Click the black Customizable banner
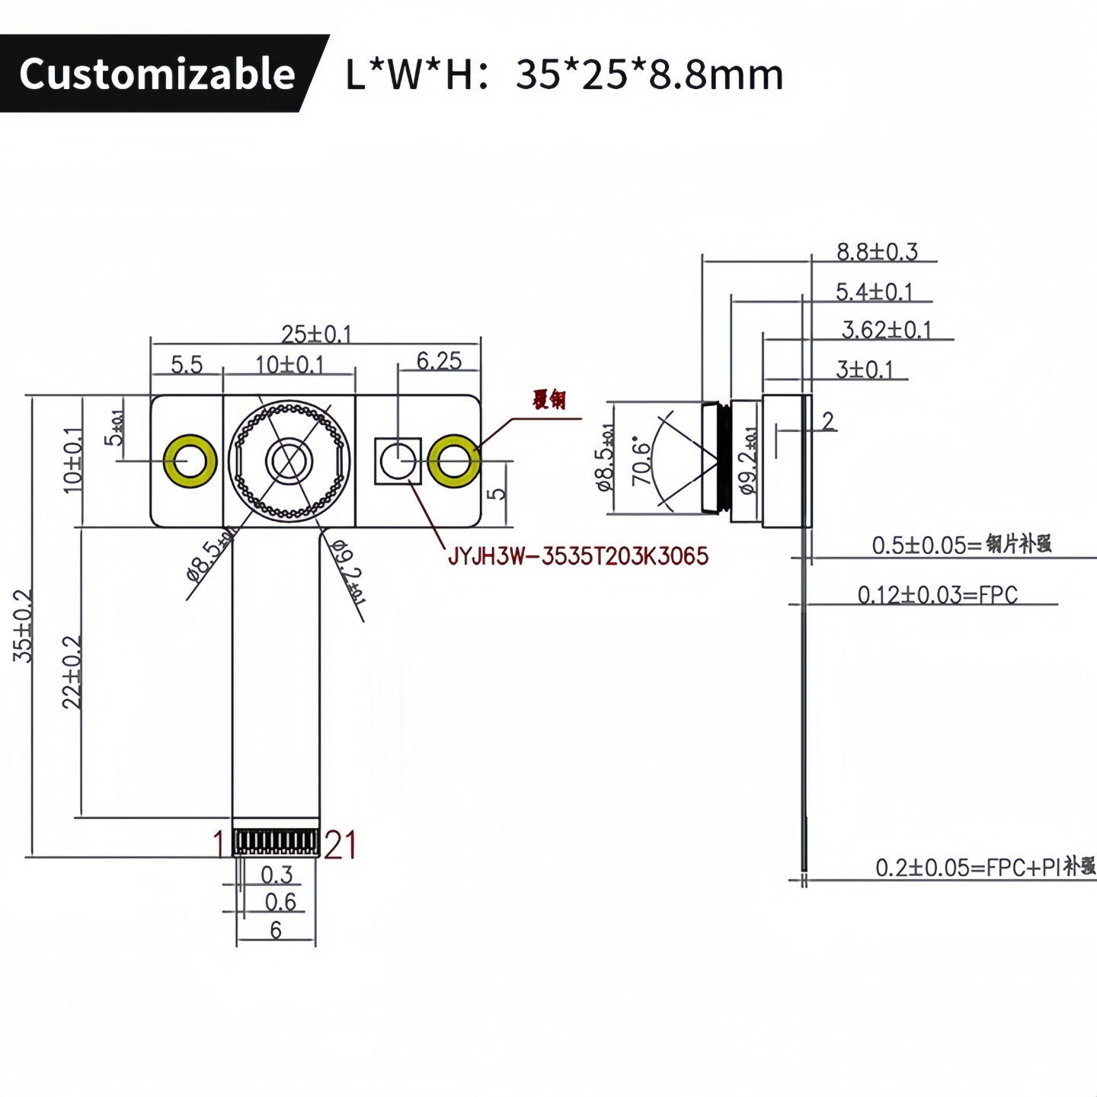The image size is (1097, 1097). coord(156,74)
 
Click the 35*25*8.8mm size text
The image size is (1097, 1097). coord(648,75)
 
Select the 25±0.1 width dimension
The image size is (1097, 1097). coord(316,334)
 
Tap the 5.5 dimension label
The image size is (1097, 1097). coord(187,365)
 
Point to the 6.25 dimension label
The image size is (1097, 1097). coord(439,361)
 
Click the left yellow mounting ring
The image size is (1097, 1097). coord(190,461)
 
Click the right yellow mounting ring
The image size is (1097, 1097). coord(454,461)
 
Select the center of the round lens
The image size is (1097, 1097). coord(289,461)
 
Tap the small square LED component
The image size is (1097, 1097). coord(398,461)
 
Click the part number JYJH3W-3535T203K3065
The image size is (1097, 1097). coord(577,556)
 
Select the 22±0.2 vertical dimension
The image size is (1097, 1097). coord(72,672)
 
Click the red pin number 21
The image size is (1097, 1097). coord(340,845)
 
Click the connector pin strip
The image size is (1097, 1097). coord(275,841)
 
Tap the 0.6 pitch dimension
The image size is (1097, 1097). coord(280,902)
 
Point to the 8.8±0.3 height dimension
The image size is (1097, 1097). coord(877,251)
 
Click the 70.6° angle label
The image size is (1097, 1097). coord(642,462)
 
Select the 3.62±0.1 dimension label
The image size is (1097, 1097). coord(886,330)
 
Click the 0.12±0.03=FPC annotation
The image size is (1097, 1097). coord(937,594)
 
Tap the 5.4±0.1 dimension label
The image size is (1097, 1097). coord(874,292)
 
